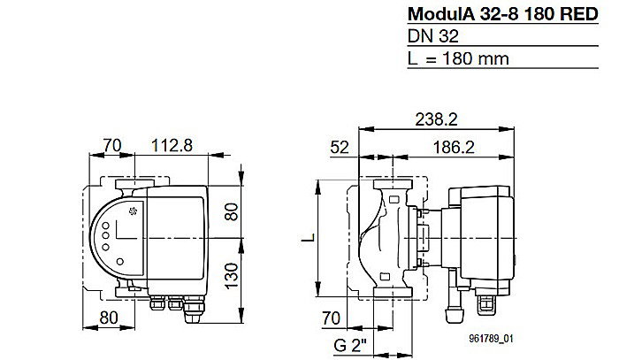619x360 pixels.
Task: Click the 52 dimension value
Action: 338,147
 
